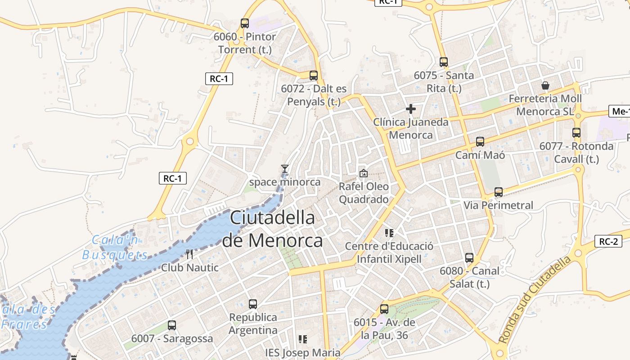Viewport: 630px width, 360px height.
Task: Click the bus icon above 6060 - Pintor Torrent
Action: [245, 23]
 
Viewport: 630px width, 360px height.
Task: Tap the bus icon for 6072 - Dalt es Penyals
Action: [314, 76]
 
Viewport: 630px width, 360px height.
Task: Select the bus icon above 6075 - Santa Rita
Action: [444, 62]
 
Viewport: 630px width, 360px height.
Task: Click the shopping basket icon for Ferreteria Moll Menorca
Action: [545, 85]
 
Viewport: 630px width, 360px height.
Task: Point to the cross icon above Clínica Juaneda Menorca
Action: [410, 109]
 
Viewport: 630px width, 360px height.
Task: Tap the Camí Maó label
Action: [480, 155]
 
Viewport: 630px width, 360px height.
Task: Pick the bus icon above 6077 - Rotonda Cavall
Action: [576, 133]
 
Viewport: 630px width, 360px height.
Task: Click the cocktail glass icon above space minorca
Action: [284, 169]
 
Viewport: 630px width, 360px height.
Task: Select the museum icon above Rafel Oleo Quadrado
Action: [363, 173]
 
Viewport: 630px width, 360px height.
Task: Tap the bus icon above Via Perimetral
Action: [499, 192]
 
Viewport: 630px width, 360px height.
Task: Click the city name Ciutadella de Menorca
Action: [272, 229]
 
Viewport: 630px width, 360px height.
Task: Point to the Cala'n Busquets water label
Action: [115, 247]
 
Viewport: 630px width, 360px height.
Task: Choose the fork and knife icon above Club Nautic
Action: [189, 254]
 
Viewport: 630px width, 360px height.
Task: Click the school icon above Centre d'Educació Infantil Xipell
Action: [389, 233]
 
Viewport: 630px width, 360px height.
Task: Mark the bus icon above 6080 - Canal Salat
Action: [469, 258]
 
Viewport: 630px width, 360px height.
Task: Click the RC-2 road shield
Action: [608, 241]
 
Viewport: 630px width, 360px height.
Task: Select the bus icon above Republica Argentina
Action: [253, 304]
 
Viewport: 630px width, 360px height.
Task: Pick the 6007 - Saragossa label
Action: [172, 338]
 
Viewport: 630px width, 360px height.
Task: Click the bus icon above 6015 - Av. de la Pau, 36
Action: [384, 309]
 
